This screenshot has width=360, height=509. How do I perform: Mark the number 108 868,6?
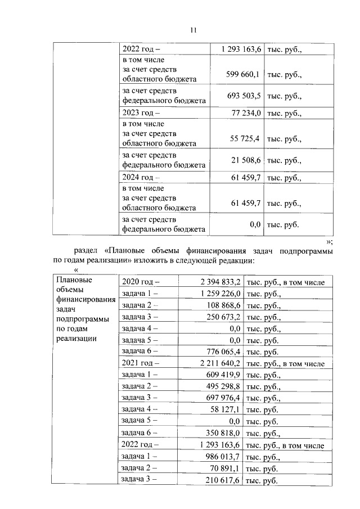218,305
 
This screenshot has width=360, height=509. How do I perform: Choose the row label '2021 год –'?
141,364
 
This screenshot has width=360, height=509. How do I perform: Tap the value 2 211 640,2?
213,364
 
